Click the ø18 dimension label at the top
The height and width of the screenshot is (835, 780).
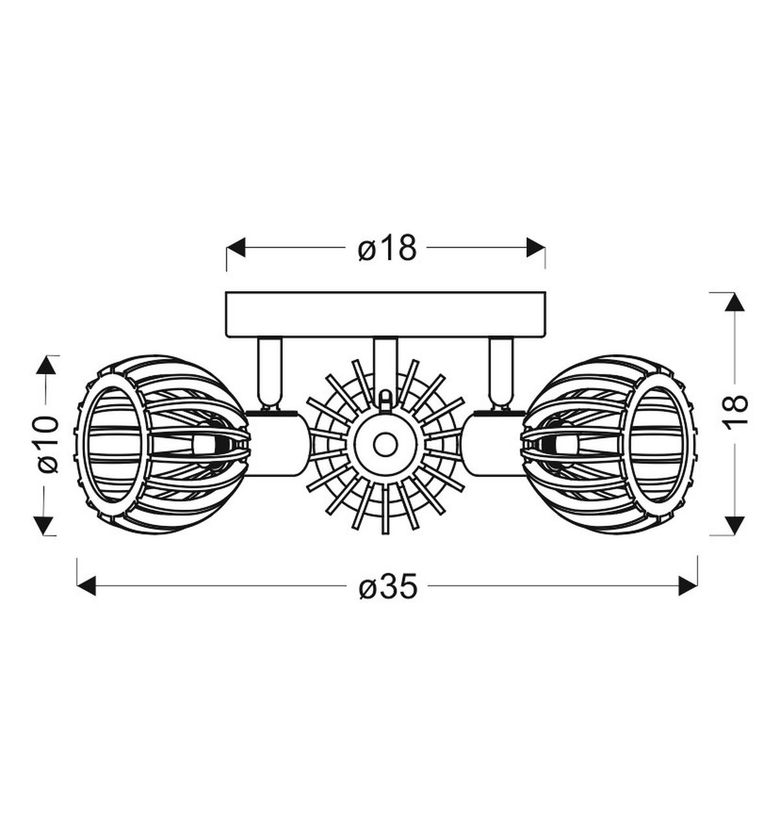click(387, 248)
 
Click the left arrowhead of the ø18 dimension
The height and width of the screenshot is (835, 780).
click(235, 247)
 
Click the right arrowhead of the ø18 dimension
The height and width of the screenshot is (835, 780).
click(536, 247)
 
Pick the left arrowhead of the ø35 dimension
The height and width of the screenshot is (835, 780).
click(86, 586)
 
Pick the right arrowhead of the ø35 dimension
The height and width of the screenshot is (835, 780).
click(688, 586)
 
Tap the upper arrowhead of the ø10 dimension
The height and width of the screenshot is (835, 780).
click(45, 365)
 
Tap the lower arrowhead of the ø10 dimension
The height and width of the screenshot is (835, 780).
click(45, 526)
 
